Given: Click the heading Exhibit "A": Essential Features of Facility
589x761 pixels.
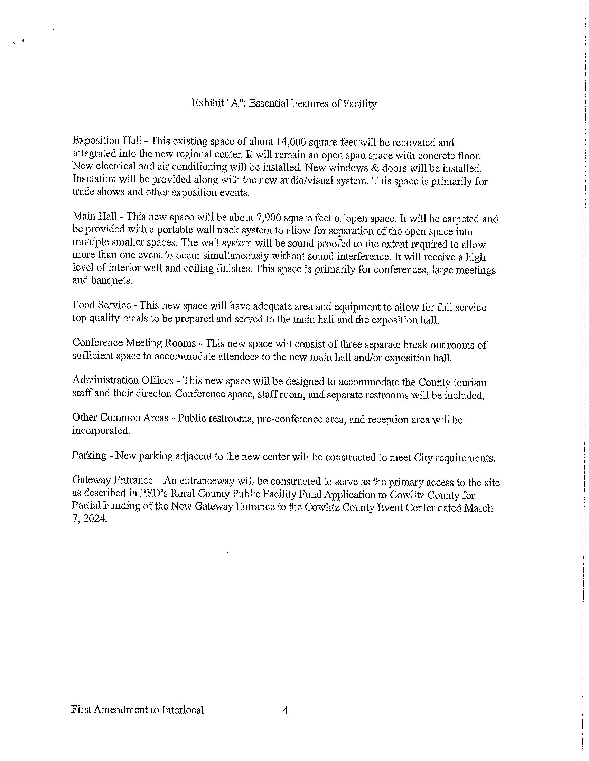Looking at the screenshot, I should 284,103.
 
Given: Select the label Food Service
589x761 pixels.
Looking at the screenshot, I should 101,305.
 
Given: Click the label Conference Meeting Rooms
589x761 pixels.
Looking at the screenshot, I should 134,343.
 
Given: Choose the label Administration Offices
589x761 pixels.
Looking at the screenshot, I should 122,380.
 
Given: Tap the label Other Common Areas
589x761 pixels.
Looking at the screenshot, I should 120,418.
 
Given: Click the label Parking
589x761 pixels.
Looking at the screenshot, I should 89,455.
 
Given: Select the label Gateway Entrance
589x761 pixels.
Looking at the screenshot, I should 112,480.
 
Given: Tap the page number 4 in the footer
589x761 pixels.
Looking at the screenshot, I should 285,710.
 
